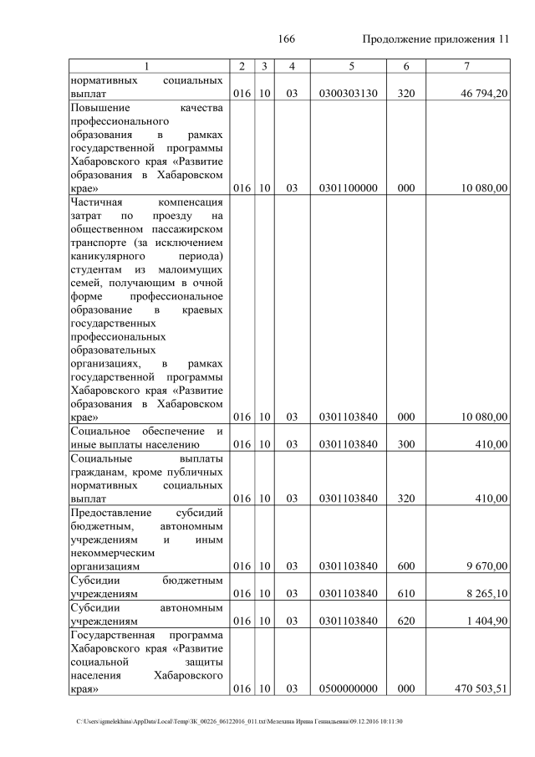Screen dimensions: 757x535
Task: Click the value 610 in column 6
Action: [406, 594]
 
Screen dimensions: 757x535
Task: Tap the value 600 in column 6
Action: [406, 566]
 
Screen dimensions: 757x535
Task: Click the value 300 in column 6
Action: [406, 445]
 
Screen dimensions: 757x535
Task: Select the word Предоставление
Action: [110, 512]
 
